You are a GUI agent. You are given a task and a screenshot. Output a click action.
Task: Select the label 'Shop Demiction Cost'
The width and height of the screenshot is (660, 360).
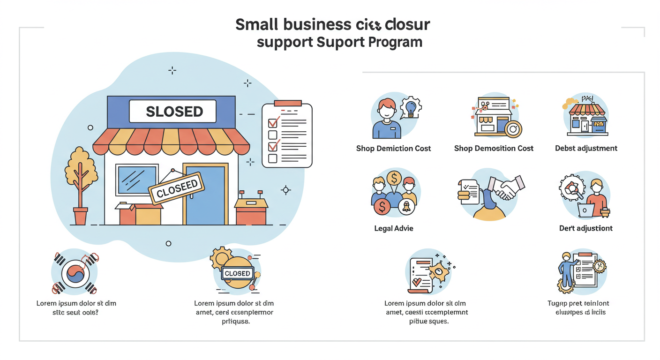pos(393,149)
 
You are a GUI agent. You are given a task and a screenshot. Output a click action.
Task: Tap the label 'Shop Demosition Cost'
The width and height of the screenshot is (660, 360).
pos(494,149)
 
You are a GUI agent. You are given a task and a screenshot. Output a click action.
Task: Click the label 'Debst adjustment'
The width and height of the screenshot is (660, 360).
pos(586,149)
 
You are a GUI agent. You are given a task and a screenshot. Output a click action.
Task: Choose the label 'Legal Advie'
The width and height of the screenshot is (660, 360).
pos(393,229)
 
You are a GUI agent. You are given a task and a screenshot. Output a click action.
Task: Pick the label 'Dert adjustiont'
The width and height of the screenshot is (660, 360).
pos(586,229)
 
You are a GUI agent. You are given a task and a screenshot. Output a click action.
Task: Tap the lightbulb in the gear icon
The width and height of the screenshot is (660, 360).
pos(411,108)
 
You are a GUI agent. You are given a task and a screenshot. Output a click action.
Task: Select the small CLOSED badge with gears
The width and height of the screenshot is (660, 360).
pos(238,273)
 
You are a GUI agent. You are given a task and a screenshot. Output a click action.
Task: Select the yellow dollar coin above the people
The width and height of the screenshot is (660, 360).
pos(393,179)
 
